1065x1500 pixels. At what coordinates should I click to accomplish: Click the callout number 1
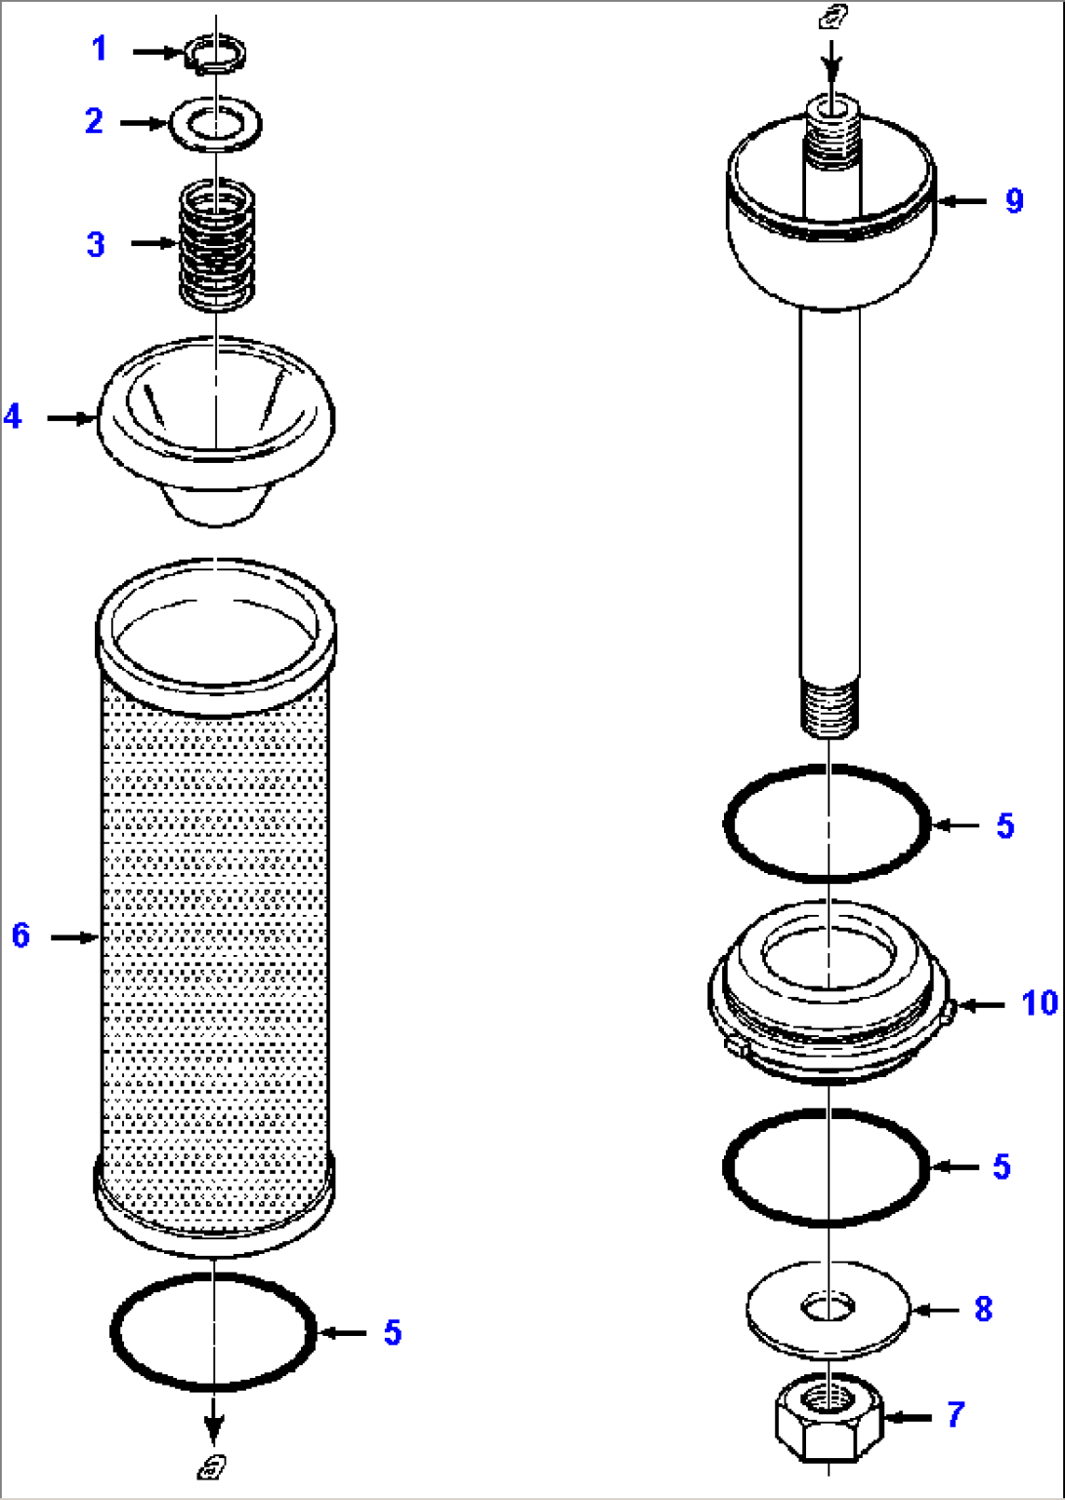coord(99,48)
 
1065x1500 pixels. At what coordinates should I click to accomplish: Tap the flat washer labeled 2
coord(215,124)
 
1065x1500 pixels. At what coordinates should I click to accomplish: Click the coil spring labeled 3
coord(216,245)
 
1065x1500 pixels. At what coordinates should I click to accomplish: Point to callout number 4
coord(13,417)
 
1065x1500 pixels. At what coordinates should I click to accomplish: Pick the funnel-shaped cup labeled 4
coord(216,430)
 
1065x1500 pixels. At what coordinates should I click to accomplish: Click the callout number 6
coord(21,936)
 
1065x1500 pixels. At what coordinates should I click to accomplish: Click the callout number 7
coord(955,1413)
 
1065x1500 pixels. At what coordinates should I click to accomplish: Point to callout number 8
coord(983,1309)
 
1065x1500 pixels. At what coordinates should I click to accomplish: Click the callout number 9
coord(1014,201)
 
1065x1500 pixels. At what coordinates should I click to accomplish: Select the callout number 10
coord(1040,1003)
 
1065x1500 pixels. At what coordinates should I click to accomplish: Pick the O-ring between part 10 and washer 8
coord(827,1166)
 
